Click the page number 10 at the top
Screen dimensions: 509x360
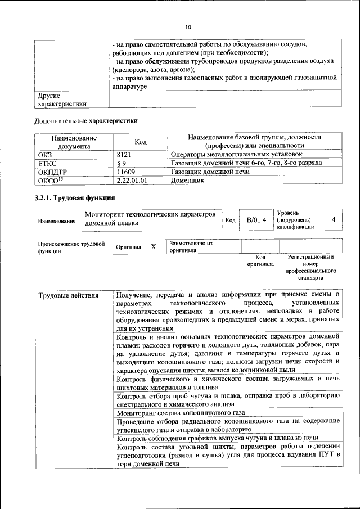tap(188, 26)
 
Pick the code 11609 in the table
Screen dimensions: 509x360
tap(126, 172)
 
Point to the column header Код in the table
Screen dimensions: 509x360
tap(141, 142)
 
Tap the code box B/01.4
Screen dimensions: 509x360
tap(256, 220)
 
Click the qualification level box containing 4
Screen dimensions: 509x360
tap(334, 220)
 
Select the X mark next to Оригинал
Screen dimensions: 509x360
tap(153, 247)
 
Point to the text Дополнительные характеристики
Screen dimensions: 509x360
tap(86, 120)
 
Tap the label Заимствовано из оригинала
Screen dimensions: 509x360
tap(191, 247)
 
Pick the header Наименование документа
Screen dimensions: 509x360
tap(74, 142)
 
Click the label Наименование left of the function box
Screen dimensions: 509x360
tap(57, 221)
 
